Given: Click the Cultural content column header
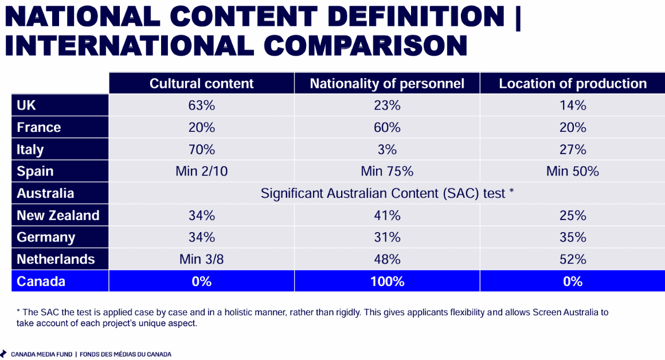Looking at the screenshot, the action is [201, 84].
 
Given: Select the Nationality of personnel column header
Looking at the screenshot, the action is [387, 84].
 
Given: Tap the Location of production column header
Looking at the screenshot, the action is [573, 84].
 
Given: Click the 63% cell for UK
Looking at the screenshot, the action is [201, 105].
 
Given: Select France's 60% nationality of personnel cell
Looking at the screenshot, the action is [387, 127].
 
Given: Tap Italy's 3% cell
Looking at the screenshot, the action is [387, 149].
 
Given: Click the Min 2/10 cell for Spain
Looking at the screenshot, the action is [201, 171].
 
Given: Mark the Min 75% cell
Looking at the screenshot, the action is [387, 171].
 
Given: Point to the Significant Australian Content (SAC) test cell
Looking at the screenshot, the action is [387, 193].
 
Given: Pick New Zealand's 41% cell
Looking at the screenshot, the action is [387, 216].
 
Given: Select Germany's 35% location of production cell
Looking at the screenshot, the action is [573, 237].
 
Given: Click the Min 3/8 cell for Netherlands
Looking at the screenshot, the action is [201, 259].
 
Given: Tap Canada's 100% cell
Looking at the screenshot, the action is [387, 281].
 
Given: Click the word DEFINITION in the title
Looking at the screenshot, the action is [416, 17].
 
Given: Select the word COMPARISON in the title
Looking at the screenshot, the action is [365, 46].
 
